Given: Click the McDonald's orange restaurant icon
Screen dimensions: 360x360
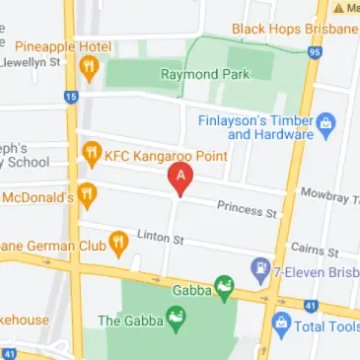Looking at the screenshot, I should tap(88, 193).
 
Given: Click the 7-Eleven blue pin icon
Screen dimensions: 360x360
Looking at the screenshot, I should tap(260, 267).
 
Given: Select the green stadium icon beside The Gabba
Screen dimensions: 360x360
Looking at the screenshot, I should tap(177, 319).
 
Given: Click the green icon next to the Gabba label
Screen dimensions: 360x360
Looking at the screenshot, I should tap(225, 286).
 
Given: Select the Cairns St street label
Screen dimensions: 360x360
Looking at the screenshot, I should tap(315, 251).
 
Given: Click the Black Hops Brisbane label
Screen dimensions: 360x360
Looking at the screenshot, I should tap(294, 29).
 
